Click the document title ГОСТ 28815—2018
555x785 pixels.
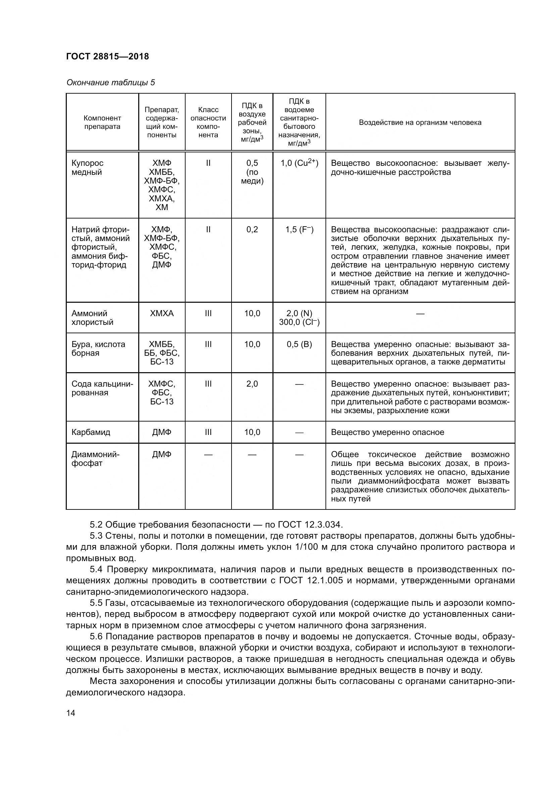[107, 56]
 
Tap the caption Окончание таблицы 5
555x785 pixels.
[110, 83]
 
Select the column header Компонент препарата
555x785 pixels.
[102, 122]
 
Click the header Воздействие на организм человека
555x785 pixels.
[420, 122]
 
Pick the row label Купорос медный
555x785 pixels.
[88, 167]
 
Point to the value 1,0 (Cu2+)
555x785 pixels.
[299, 163]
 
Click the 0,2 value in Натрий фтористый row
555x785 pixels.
[252, 230]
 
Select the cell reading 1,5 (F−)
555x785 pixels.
[299, 230]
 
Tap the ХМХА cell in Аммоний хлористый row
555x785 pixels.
[162, 313]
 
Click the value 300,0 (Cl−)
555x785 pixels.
[299, 322]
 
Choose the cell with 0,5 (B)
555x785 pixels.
[299, 344]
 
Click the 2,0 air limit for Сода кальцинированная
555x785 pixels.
[252, 384]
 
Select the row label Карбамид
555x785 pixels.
[91, 432]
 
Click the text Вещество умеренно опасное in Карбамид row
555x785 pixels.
[387, 432]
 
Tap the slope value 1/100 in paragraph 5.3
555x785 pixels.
[306, 547]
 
